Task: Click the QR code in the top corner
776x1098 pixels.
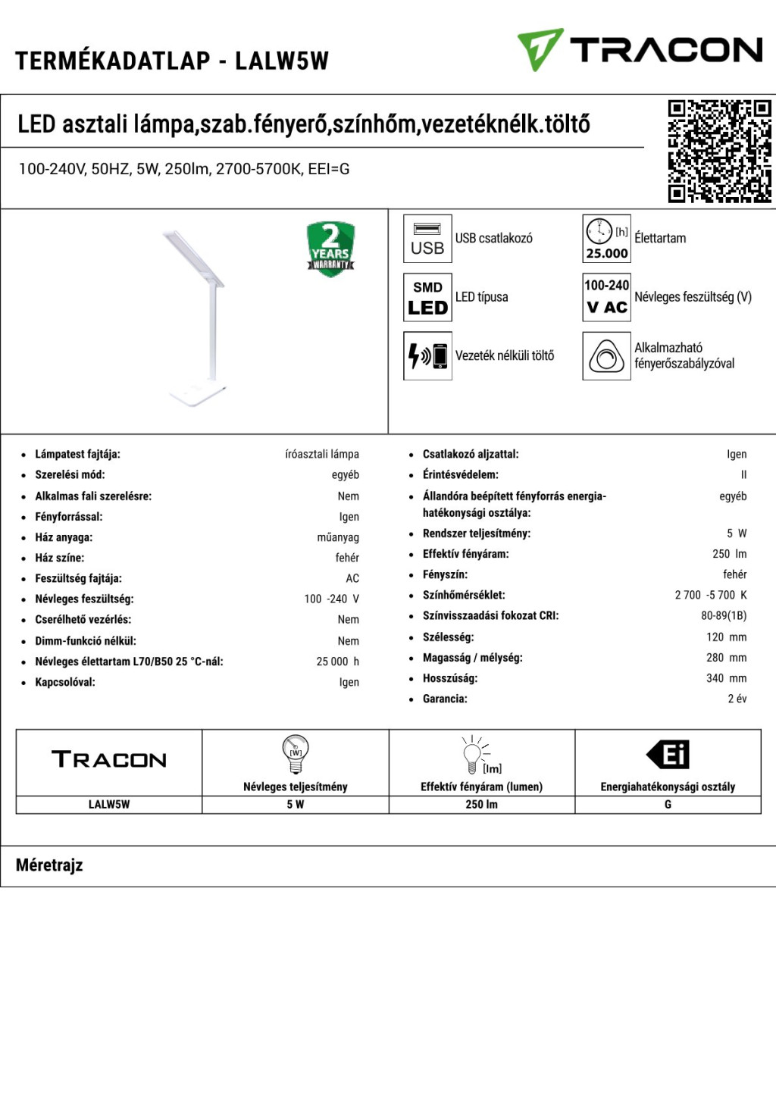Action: coord(719,151)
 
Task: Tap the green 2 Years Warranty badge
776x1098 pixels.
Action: coord(330,249)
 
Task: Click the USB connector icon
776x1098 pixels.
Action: coord(427,239)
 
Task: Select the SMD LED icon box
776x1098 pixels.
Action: coord(427,297)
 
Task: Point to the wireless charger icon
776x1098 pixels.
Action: coord(427,355)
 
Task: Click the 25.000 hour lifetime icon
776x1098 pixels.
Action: coord(606,239)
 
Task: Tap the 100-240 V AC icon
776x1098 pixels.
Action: coord(606,297)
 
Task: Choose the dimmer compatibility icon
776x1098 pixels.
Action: coord(606,355)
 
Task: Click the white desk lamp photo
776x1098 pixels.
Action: coord(196,318)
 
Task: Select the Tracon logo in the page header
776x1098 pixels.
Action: coord(640,50)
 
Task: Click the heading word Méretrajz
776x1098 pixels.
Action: coord(49,865)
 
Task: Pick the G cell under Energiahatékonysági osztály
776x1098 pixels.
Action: coord(668,805)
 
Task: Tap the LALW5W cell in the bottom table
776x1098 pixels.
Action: coord(109,805)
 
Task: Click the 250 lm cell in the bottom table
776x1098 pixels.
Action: coord(481,805)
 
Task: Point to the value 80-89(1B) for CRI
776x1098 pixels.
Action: coord(723,616)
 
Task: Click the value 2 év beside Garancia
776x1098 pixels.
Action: coord(737,699)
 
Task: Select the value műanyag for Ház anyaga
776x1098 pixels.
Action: coord(338,537)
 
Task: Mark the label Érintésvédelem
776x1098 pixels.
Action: coord(460,475)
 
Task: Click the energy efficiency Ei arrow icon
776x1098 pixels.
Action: coord(668,755)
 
